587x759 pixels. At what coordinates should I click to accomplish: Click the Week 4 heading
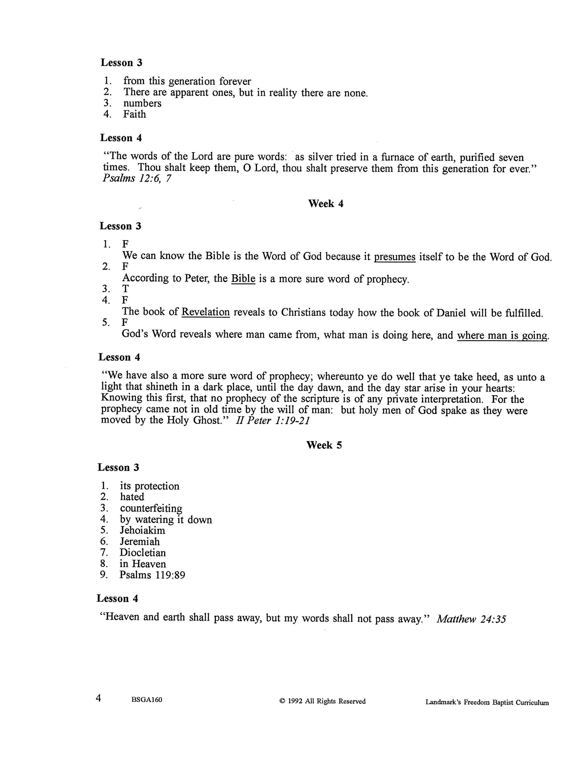tap(325, 204)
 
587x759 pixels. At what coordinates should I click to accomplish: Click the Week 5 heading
tap(324, 445)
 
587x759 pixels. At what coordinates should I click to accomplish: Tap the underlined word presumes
tap(395, 257)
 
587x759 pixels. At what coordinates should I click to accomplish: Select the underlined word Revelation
tap(205, 312)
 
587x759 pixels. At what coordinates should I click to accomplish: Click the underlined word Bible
tap(243, 279)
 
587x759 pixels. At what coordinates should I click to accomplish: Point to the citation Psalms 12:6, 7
tap(137, 179)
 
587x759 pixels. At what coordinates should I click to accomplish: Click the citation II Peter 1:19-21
tap(273, 421)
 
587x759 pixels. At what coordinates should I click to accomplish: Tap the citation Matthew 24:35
tap(471, 619)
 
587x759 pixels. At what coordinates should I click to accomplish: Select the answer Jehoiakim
tap(143, 530)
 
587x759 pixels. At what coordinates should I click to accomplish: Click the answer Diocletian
tap(143, 553)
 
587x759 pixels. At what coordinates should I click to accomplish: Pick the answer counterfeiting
tap(151, 508)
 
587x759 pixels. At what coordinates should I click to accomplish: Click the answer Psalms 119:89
tap(152, 575)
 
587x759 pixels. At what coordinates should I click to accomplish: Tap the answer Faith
tap(134, 114)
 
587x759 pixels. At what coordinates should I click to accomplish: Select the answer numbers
tap(142, 103)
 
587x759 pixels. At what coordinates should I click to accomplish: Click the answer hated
tap(132, 497)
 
